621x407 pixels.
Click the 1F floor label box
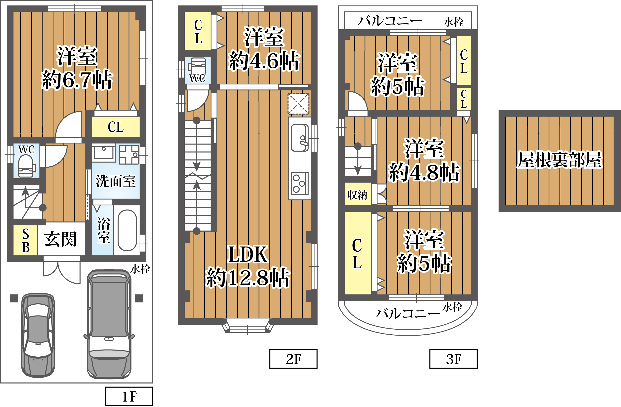point(129,396)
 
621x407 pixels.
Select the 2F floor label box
point(293,359)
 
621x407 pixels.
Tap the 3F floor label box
point(454,359)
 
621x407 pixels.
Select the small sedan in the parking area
point(38,336)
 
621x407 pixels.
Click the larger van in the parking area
point(109,324)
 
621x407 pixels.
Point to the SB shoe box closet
point(25,240)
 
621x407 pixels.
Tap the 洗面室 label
point(116,181)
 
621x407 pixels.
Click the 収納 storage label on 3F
point(357,195)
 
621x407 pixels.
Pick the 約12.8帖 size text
point(248,277)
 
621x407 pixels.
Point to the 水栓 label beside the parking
point(140,269)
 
